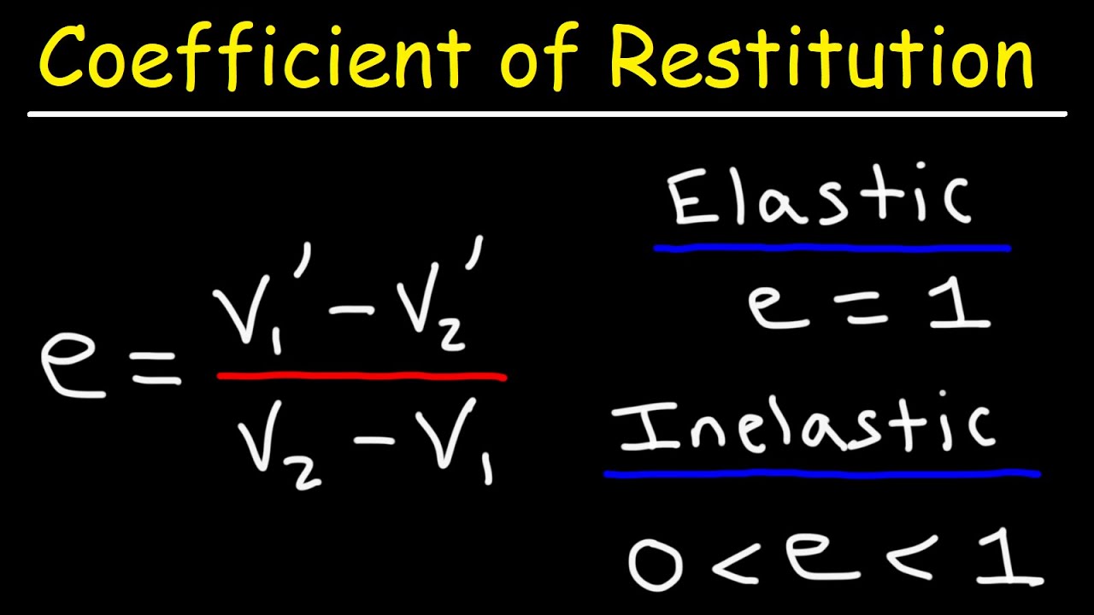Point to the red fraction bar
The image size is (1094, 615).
362,376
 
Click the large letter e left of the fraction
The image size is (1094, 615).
73,367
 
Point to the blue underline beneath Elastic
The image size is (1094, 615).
831,249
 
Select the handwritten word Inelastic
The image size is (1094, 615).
808,427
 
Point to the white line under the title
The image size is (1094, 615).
547,114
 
